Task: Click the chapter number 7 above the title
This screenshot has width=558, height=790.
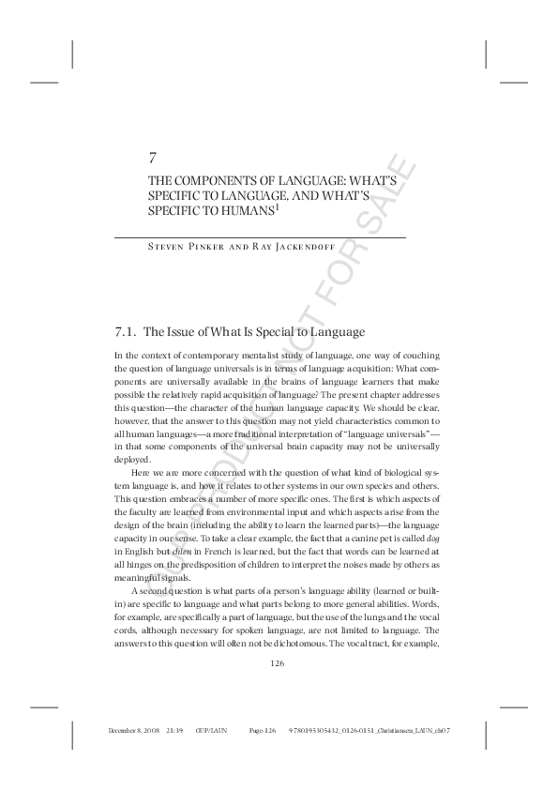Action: pos(153,158)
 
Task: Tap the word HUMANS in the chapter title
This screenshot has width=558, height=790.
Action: pos(241,212)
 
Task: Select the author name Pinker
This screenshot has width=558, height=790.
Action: pos(193,248)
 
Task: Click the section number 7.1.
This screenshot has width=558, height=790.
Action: pos(126,332)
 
